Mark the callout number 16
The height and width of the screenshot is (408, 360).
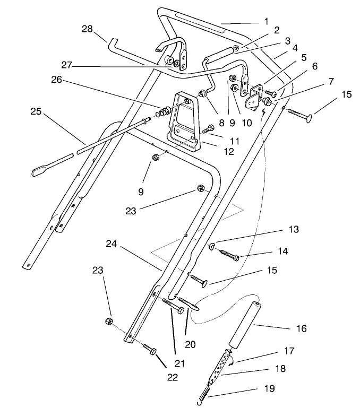tap(301, 328)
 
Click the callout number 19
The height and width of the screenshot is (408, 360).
tap(269, 389)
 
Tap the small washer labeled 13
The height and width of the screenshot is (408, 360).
tap(211, 246)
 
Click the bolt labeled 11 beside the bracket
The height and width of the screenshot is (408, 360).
tap(208, 128)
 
